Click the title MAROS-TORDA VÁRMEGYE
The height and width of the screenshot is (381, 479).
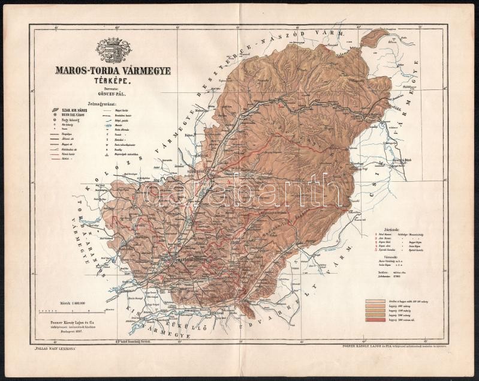point(113,71)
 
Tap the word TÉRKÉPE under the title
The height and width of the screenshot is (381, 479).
point(112,80)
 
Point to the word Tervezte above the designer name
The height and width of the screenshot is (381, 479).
point(112,89)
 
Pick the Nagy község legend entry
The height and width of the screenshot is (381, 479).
point(71,122)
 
